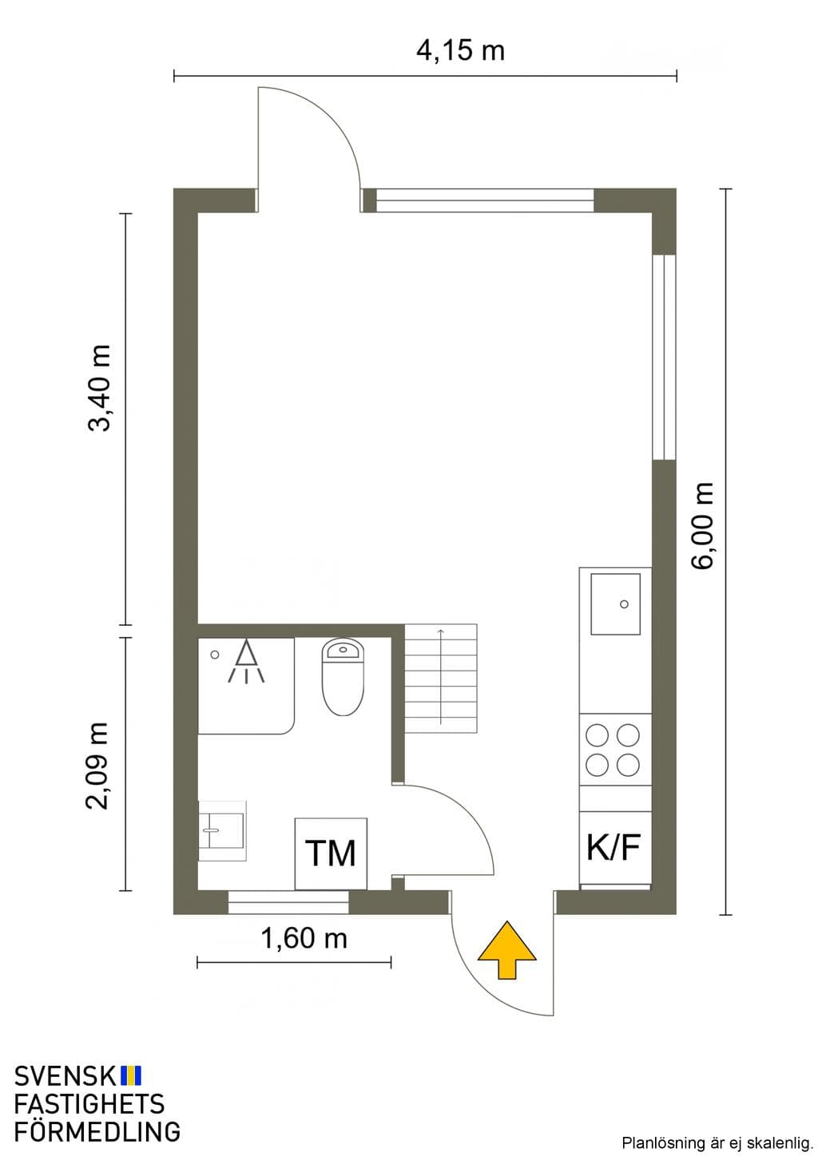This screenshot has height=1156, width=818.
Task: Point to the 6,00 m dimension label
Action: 703,525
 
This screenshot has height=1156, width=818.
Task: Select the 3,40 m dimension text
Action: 99,388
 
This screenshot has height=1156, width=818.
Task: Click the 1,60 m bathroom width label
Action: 304,938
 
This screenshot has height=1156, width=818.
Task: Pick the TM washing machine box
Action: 331,853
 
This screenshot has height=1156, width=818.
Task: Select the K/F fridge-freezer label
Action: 613,847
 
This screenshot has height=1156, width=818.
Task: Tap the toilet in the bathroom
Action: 343,677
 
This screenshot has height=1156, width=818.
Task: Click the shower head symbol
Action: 246,661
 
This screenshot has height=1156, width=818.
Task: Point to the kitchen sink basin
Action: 616,604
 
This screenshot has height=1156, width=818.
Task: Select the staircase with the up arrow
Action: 440,678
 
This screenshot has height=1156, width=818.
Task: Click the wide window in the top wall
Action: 485,200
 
